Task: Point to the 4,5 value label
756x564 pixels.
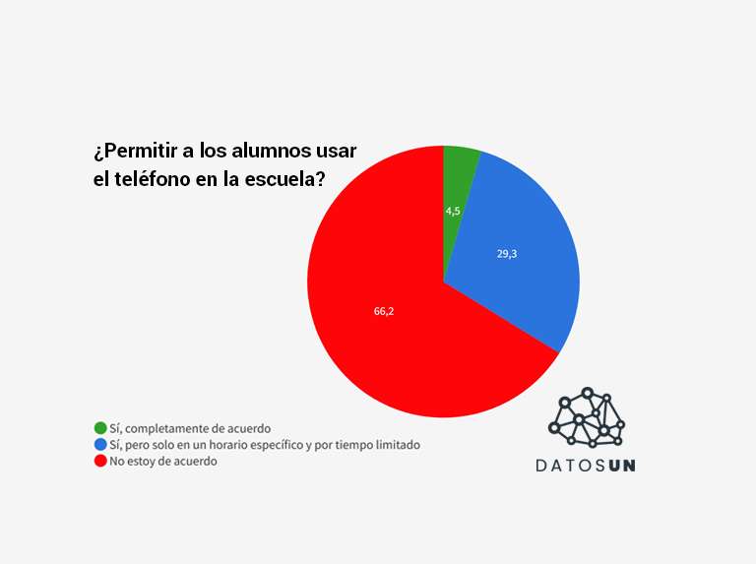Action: tap(453, 211)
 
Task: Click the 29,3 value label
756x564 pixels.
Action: tap(507, 254)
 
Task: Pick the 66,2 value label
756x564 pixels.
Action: tap(384, 312)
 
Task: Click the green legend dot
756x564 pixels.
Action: tap(100, 428)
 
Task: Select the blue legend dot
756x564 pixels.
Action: tap(100, 445)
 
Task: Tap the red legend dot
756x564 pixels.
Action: tap(100, 461)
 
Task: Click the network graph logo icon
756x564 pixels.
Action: tap(587, 417)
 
